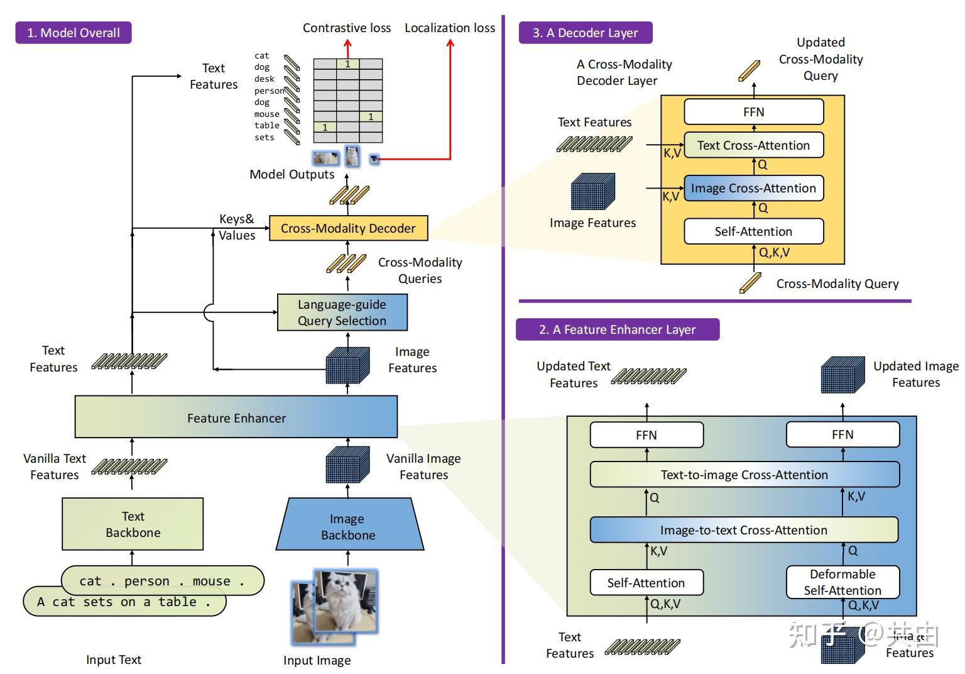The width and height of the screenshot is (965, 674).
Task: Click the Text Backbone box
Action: click(x=133, y=524)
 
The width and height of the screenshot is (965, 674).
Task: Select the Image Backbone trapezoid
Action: click(x=349, y=527)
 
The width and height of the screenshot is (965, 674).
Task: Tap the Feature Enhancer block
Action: click(x=236, y=417)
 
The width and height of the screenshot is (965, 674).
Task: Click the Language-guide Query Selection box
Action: click(x=342, y=312)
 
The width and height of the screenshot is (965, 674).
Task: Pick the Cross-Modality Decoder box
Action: click(x=348, y=228)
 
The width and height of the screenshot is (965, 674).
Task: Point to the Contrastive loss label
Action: click(x=347, y=28)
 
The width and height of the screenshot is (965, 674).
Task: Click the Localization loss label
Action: click(x=450, y=28)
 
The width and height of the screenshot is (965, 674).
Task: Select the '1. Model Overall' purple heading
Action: click(x=74, y=33)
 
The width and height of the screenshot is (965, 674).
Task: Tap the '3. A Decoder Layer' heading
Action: click(x=586, y=33)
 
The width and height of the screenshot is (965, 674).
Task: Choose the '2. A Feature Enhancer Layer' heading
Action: click(x=618, y=329)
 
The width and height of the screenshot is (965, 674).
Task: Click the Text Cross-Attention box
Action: click(x=753, y=145)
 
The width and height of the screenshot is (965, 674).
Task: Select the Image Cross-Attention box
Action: click(x=753, y=188)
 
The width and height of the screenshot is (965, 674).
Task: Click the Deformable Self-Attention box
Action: click(x=842, y=582)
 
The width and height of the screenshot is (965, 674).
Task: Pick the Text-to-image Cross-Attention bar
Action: click(x=744, y=475)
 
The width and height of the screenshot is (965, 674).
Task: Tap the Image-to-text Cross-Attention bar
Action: click(x=744, y=530)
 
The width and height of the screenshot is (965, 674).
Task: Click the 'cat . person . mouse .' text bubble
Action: click(x=162, y=581)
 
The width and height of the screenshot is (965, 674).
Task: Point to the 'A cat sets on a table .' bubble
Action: click(x=124, y=602)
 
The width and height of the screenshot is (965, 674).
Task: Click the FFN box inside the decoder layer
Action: click(x=753, y=112)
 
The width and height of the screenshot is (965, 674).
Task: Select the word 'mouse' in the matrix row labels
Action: click(x=267, y=114)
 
